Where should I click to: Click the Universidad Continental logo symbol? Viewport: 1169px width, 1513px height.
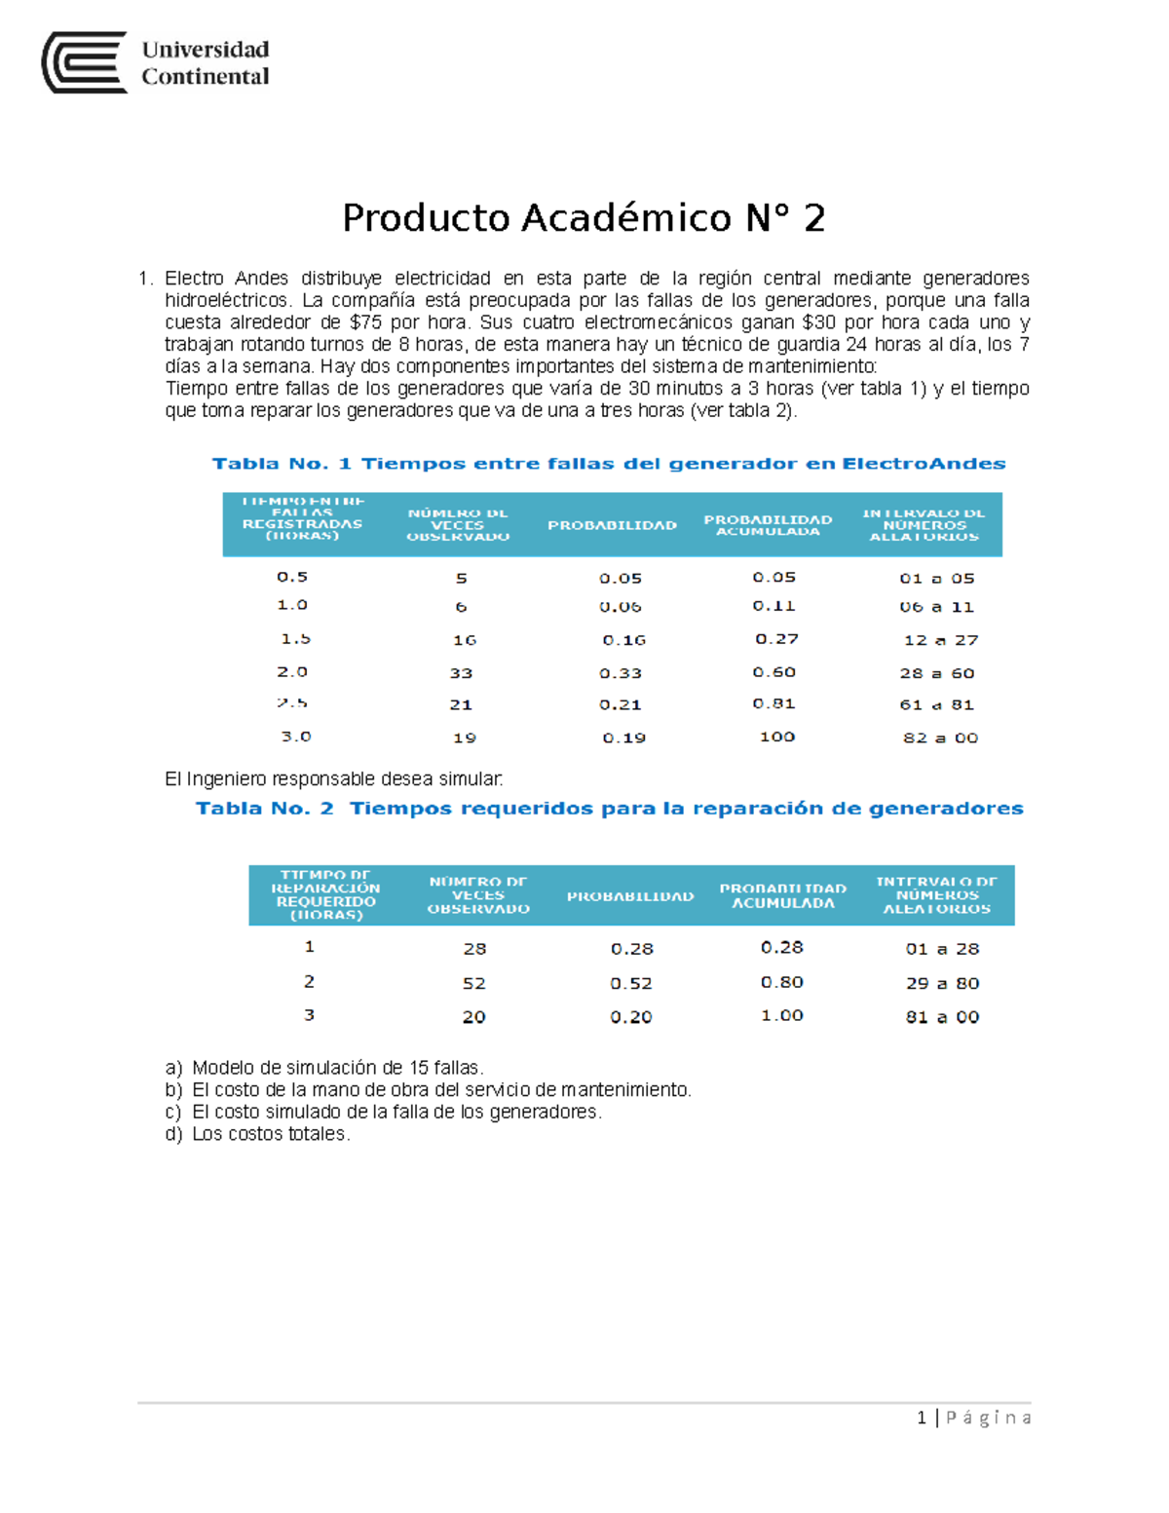pos(84,62)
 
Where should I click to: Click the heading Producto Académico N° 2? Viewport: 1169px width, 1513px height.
pos(584,217)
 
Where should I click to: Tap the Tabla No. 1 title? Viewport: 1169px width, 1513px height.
pos(609,464)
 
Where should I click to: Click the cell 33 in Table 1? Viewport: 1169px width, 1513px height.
pos(461,673)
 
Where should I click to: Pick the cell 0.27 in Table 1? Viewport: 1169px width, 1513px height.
pos(776,639)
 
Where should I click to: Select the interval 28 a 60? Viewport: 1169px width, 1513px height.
pos(937,673)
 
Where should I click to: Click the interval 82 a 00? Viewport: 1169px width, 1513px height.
pos(940,738)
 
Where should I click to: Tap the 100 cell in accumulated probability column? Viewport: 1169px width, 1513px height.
pos(777,737)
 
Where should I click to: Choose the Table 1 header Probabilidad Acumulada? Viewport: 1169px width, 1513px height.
pos(768,525)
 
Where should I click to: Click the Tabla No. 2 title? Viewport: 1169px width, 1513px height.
pos(609,809)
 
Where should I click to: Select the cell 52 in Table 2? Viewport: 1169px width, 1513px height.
pos(474,984)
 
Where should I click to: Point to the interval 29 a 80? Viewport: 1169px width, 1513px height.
pos(942,984)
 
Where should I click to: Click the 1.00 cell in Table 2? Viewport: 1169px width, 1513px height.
pos(782,1015)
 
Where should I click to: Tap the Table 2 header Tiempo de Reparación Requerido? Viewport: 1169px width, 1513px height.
pos(325,895)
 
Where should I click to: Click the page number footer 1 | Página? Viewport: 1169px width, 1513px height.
pos(973,1418)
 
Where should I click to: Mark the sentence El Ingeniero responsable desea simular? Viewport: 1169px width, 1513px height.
pos(334,779)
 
